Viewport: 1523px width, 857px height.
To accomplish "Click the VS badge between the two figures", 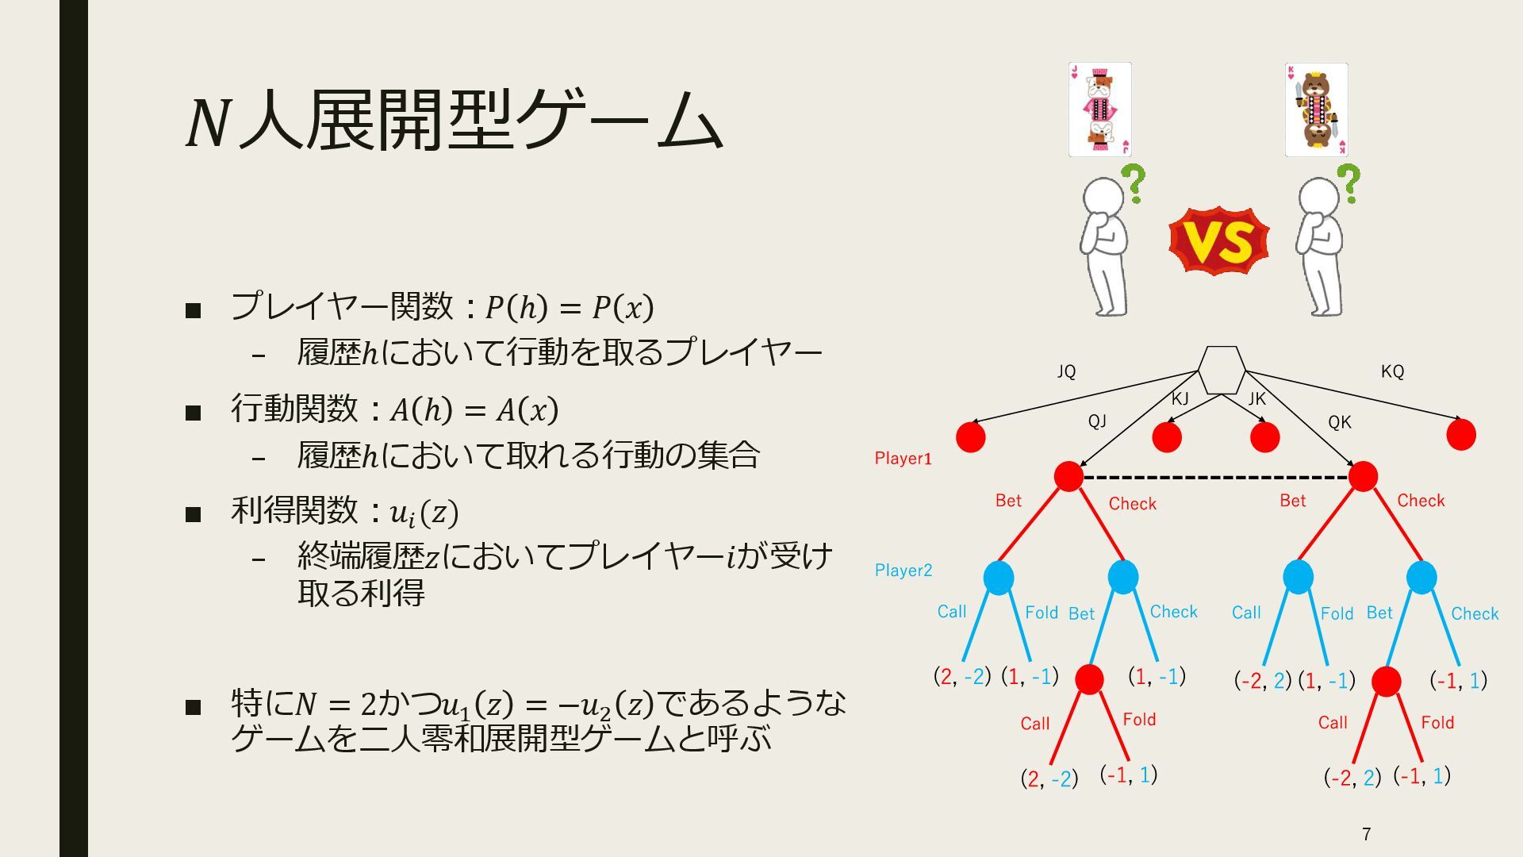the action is coord(1218,241).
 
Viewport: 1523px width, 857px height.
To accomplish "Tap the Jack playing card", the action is coord(1099,110).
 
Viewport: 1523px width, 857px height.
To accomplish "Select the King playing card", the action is coord(1316,110).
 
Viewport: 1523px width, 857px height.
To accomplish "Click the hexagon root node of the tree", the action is coord(1222,370).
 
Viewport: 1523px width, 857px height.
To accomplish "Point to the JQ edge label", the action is coord(1066,371).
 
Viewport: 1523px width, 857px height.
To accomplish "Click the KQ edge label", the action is coord(1392,371).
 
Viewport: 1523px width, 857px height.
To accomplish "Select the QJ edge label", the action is coord(1097,421).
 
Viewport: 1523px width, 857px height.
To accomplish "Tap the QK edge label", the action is coord(1339,422).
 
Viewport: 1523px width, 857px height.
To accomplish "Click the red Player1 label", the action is coord(903,458).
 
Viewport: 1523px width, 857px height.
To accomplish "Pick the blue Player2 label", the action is coord(903,570).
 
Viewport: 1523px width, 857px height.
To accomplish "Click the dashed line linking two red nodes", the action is coord(1216,478).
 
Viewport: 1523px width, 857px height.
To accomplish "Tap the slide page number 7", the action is coord(1366,834).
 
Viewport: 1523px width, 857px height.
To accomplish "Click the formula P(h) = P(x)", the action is coord(569,307).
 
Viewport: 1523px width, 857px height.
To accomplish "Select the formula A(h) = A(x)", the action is coord(474,410).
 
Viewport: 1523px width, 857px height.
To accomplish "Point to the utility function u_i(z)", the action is coord(424,513).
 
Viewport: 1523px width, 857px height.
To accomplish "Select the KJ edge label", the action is coord(1180,398).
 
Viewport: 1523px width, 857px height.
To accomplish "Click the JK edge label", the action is coord(1257,398).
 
